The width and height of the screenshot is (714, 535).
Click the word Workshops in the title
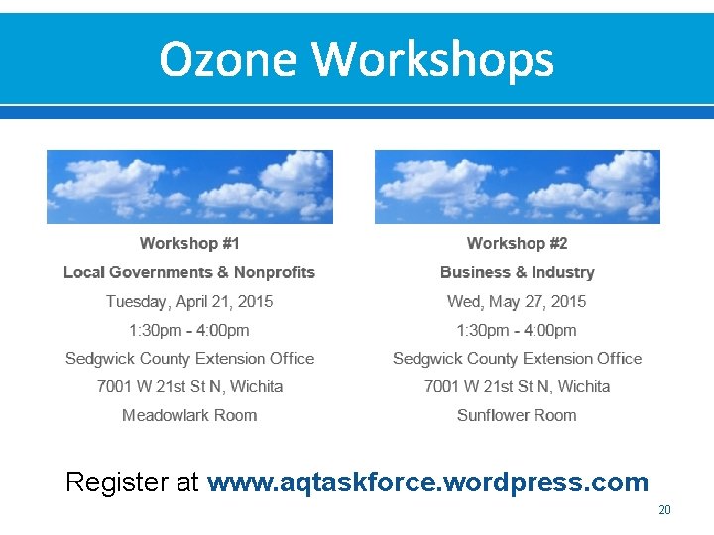pos(433,59)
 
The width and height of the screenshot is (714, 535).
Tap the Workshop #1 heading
pos(189,243)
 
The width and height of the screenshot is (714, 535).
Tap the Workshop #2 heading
pos(517,243)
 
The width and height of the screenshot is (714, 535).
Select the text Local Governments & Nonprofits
pos(189,272)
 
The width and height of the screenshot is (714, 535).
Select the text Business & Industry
pos(517,272)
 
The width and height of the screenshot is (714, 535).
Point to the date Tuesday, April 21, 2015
pos(189,301)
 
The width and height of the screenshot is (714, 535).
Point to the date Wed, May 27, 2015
pos(517,301)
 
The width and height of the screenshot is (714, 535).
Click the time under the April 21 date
pos(189,330)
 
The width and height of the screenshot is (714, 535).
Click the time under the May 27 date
pos(517,330)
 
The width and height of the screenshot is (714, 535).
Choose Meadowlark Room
pos(189,415)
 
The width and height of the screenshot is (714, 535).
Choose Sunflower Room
pos(517,415)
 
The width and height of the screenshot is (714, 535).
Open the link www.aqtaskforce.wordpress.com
pos(427,482)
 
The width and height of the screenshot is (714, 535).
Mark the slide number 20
pos(664,510)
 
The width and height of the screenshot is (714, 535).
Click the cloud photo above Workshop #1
pos(189,186)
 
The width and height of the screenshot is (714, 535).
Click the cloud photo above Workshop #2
pos(517,186)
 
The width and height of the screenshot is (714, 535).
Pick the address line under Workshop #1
pos(189,386)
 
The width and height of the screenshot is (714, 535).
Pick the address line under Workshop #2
pos(517,386)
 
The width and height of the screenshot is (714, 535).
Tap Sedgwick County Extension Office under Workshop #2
pos(517,358)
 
